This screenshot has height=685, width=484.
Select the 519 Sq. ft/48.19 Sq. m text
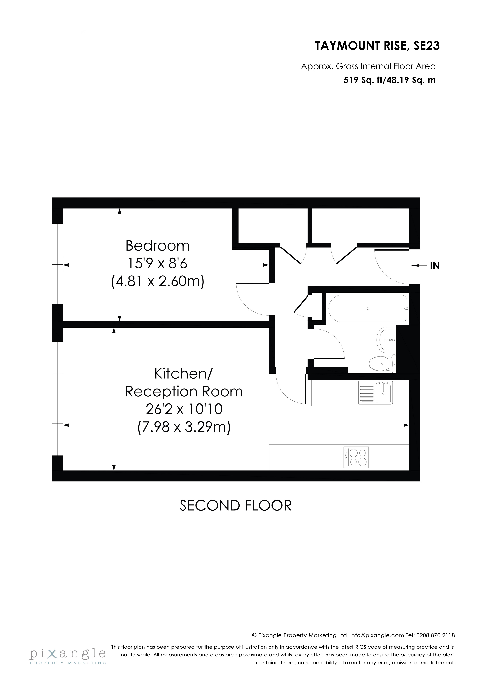(x=390, y=80)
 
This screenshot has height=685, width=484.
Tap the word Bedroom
(x=157, y=246)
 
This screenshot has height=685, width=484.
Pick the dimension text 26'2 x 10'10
(x=184, y=409)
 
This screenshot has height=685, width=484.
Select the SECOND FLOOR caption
(x=235, y=506)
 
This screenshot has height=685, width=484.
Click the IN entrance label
(x=434, y=266)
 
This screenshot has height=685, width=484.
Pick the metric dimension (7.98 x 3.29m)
(x=184, y=427)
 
